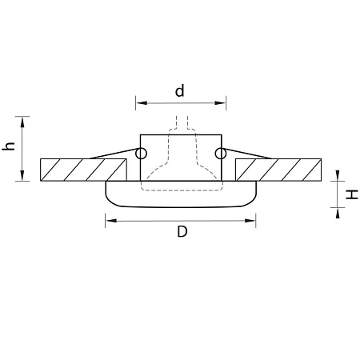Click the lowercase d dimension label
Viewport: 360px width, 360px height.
(x=180, y=91)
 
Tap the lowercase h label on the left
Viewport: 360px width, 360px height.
(x=9, y=147)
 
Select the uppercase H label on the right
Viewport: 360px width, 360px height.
(x=350, y=193)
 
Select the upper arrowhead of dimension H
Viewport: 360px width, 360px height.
(x=339, y=178)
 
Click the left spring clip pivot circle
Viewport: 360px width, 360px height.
(x=142, y=154)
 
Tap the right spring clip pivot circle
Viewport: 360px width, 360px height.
(x=220, y=154)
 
